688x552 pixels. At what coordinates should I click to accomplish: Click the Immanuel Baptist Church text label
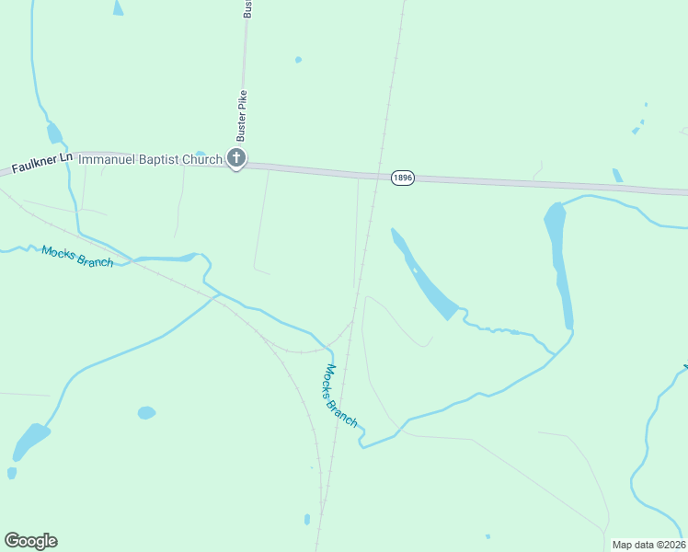click(150, 159)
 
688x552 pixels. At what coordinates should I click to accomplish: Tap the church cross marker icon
click(236, 159)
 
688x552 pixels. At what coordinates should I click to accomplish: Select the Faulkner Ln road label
click(41, 164)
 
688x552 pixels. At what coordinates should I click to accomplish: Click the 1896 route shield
click(401, 178)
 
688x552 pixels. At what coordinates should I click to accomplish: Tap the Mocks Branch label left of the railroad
click(77, 256)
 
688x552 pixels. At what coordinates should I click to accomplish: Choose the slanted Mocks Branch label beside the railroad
click(340, 396)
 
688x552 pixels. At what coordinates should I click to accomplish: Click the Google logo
click(30, 541)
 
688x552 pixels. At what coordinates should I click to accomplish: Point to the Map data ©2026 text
click(648, 545)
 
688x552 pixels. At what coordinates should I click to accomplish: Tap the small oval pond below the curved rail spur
click(146, 413)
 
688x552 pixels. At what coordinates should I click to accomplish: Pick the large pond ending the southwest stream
click(30, 442)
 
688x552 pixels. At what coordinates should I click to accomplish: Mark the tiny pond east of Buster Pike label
click(298, 60)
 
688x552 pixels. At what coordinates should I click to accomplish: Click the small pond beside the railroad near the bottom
click(306, 520)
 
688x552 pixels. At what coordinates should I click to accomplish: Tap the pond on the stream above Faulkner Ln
click(55, 134)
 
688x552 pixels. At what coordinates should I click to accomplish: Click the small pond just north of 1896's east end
click(617, 175)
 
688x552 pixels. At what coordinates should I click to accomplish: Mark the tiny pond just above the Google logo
click(12, 473)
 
